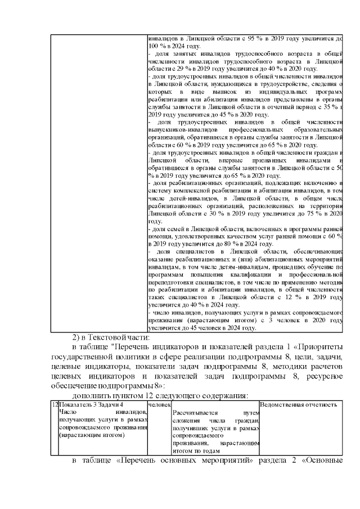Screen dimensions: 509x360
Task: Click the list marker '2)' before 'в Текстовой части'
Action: coord(76,337)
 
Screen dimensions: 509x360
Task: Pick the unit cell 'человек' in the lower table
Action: coord(159,405)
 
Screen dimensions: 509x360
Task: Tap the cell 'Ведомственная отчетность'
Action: coord(299,405)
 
